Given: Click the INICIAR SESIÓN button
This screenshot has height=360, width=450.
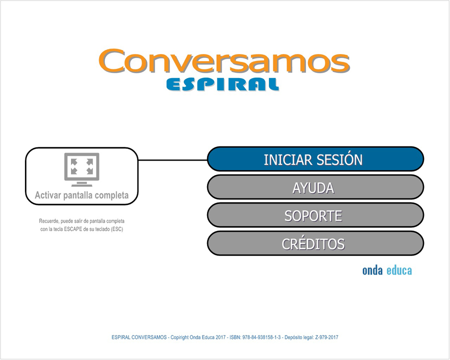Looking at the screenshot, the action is click(315, 159).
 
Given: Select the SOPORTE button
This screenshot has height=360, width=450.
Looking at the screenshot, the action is click(315, 215).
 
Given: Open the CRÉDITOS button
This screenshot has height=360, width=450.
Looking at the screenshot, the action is click(315, 243).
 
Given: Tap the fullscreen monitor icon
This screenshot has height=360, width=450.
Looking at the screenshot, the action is click(82, 169).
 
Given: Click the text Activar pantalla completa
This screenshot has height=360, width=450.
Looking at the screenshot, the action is click(82, 195).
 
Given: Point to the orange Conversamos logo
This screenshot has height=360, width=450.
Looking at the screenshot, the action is click(224, 61).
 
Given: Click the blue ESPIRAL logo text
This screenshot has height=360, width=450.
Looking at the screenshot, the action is click(222, 84).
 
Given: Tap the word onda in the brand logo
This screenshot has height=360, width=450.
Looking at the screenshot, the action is click(372, 270).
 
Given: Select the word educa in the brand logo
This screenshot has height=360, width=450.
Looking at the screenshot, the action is click(399, 270).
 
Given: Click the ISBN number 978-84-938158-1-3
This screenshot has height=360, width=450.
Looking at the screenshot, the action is click(261, 337).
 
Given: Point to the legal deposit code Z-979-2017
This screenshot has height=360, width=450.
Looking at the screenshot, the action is click(326, 337).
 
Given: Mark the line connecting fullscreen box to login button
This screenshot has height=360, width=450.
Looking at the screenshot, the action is click(173, 160).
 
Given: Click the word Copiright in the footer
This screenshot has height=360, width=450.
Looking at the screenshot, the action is click(179, 337).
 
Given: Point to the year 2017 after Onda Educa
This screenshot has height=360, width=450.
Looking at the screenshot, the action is click(220, 337).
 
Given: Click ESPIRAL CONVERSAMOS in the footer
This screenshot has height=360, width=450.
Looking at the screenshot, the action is click(139, 337).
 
